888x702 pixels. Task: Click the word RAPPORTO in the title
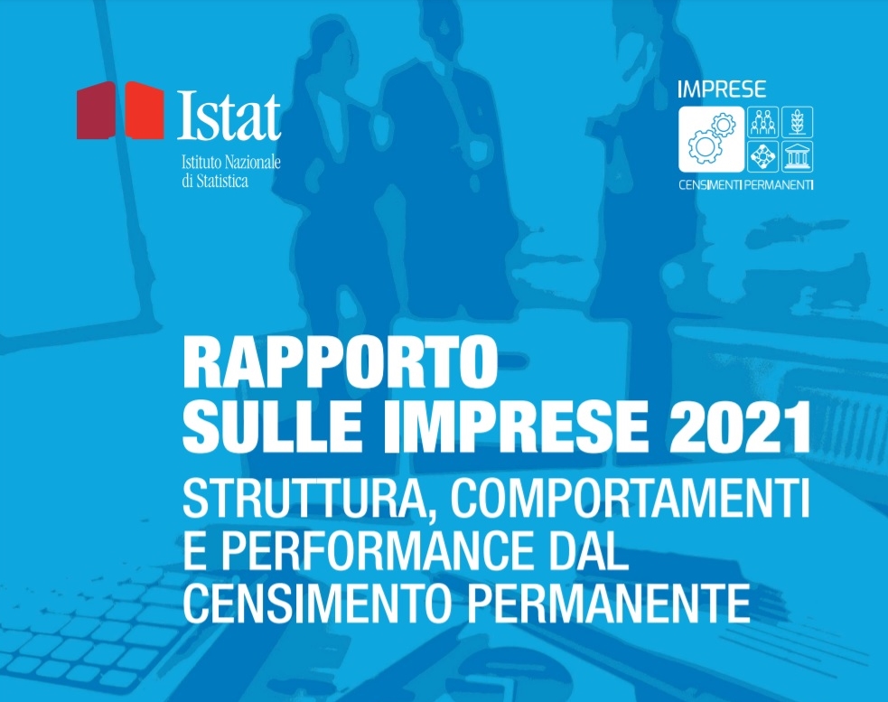tap(340, 362)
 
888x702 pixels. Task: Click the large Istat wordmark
tap(229, 117)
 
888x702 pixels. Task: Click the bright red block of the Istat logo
tap(144, 110)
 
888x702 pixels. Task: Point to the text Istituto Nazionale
tap(231, 162)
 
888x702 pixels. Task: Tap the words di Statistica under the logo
tap(215, 182)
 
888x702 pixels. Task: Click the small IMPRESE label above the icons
tap(721, 89)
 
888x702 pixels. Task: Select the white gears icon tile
tap(711, 138)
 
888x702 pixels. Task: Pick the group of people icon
tap(762, 122)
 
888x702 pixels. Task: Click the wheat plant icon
tap(798, 122)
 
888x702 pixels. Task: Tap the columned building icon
tap(798, 155)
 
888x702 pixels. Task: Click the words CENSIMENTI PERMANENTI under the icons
tap(746, 185)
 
